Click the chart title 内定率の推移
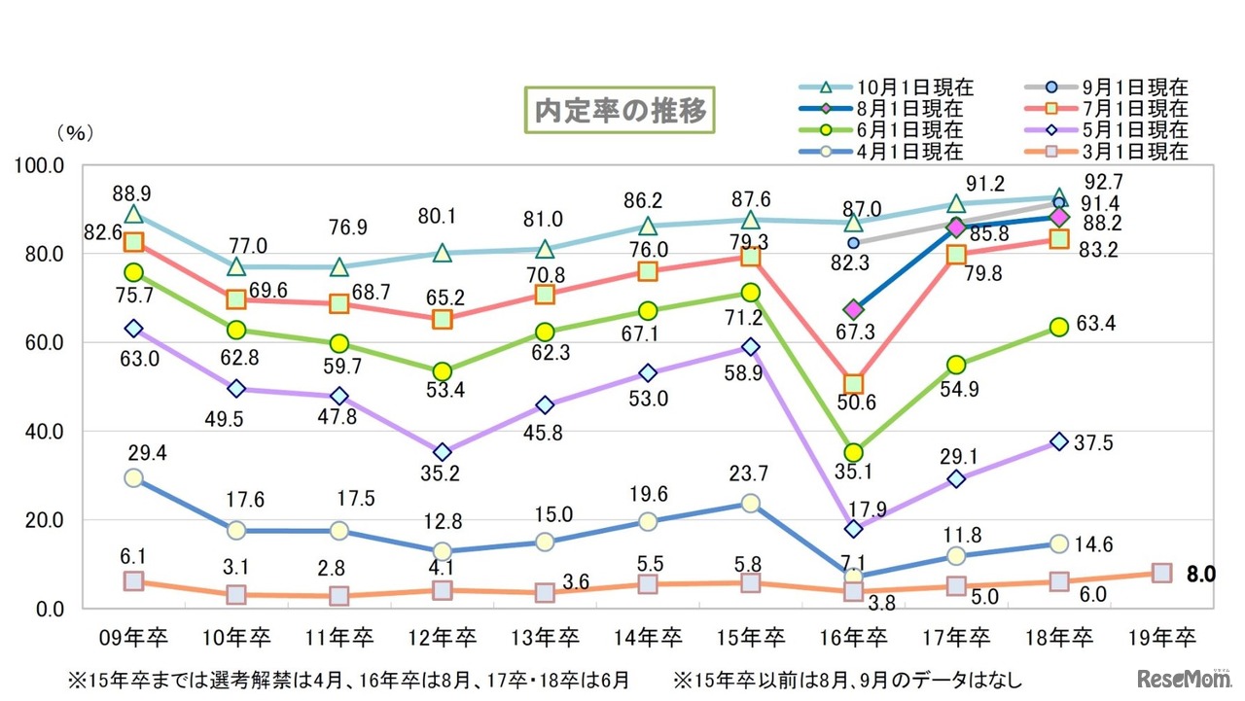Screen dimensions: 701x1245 [x=619, y=111]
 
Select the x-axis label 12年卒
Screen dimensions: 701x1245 [x=443, y=638]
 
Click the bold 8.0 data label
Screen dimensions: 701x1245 [x=1201, y=574]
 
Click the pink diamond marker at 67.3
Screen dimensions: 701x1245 [x=853, y=310]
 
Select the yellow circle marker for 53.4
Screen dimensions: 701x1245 [x=442, y=371]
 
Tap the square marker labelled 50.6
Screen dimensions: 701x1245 [x=853, y=384]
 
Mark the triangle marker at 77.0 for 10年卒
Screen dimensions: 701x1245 [x=236, y=266]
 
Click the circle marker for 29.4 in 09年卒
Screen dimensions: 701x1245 [x=133, y=477]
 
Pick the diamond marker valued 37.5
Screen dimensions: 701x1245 [x=1058, y=441]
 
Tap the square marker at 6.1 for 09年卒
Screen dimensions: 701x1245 [x=133, y=581]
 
